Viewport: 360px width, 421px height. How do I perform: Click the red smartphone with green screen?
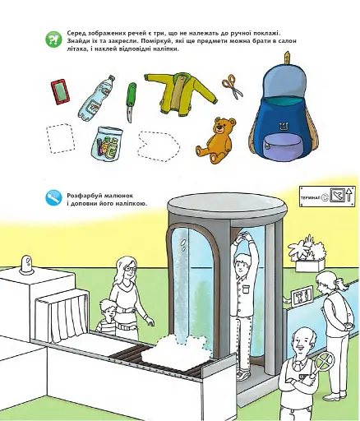[59, 92]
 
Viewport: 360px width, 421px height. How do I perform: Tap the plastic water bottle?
[96, 98]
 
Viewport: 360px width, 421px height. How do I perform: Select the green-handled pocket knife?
[131, 102]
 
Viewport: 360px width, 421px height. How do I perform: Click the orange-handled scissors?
[233, 86]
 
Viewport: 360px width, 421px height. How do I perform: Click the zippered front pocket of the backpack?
[282, 146]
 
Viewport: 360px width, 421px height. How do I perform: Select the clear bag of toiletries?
[107, 142]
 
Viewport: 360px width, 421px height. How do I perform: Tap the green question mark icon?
[53, 40]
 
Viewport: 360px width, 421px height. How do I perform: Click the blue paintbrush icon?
[53, 197]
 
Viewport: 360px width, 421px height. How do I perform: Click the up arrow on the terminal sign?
[348, 195]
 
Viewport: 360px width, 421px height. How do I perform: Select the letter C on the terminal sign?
[325, 197]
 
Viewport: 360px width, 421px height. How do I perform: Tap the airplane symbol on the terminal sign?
[337, 195]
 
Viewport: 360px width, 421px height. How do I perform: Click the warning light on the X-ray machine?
[26, 265]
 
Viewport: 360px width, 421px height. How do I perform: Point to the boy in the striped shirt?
[107, 317]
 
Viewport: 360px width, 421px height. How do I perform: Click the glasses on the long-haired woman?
[130, 270]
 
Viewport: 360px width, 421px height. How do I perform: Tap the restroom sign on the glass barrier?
[302, 296]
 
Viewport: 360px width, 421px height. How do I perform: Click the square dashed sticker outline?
[60, 138]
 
